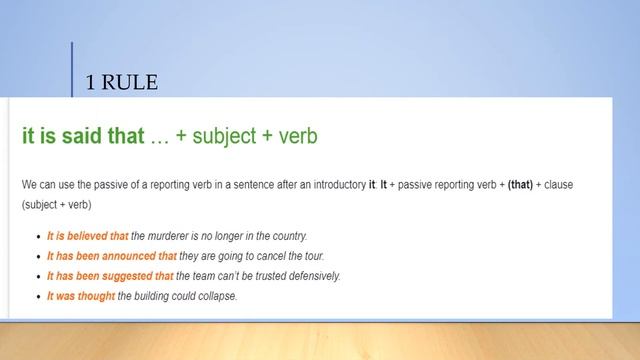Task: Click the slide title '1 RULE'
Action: pyautogui.click(x=122, y=83)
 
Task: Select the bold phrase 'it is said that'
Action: pyautogui.click(x=83, y=136)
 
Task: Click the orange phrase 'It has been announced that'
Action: pyautogui.click(x=107, y=256)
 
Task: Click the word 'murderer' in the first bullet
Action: pyautogui.click(x=171, y=236)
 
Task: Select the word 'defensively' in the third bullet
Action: pyautogui.click(x=312, y=276)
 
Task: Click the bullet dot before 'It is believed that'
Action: pyautogui.click(x=36, y=237)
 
